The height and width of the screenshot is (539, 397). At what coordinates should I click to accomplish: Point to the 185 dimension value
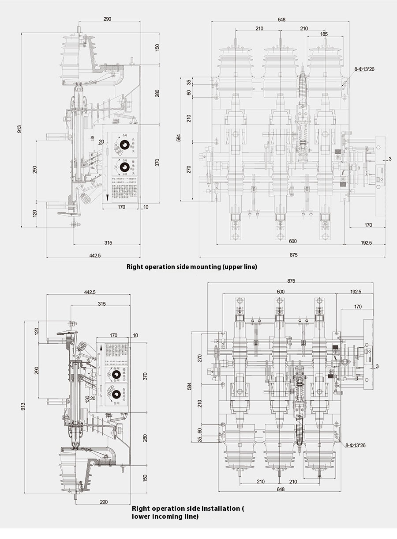[324, 34]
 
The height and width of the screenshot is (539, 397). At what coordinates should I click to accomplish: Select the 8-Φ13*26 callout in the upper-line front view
[364, 69]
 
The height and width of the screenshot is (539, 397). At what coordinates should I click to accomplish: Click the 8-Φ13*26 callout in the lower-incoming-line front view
[355, 445]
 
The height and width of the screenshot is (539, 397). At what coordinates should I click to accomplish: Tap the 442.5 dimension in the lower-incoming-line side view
[90, 292]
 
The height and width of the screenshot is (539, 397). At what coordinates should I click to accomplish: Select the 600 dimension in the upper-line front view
[280, 241]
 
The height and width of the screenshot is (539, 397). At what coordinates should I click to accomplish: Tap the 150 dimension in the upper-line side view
[157, 47]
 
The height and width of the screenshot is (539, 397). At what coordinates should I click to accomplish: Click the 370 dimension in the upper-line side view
[157, 162]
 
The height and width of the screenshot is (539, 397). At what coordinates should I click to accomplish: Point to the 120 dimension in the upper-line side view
[35, 213]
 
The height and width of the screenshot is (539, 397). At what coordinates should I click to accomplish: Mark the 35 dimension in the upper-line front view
[189, 82]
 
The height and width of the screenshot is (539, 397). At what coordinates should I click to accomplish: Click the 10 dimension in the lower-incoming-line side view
[135, 336]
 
